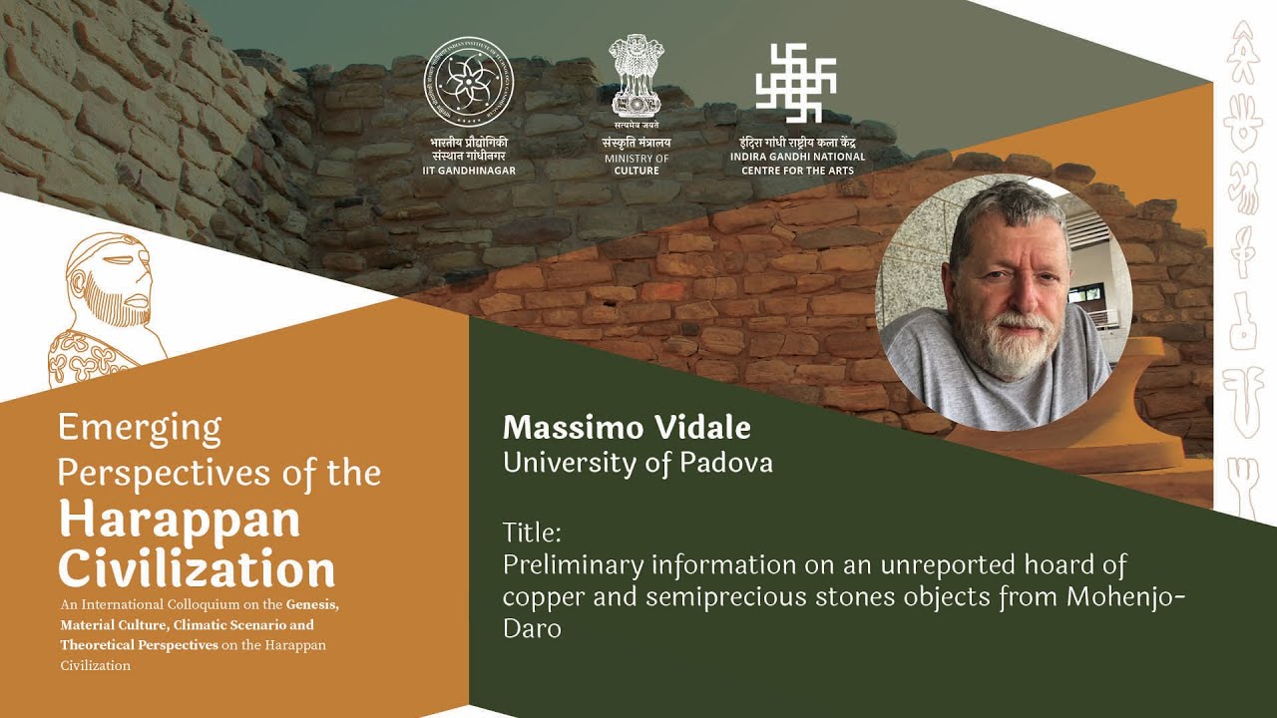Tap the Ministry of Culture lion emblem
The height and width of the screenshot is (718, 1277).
click(x=636, y=77)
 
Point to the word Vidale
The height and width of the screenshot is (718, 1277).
click(x=704, y=428)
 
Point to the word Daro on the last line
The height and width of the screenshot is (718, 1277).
click(x=532, y=628)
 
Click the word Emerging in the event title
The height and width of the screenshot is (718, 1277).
click(x=140, y=427)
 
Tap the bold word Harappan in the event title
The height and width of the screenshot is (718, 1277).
click(x=179, y=520)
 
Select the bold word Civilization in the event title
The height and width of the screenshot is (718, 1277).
click(x=197, y=569)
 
